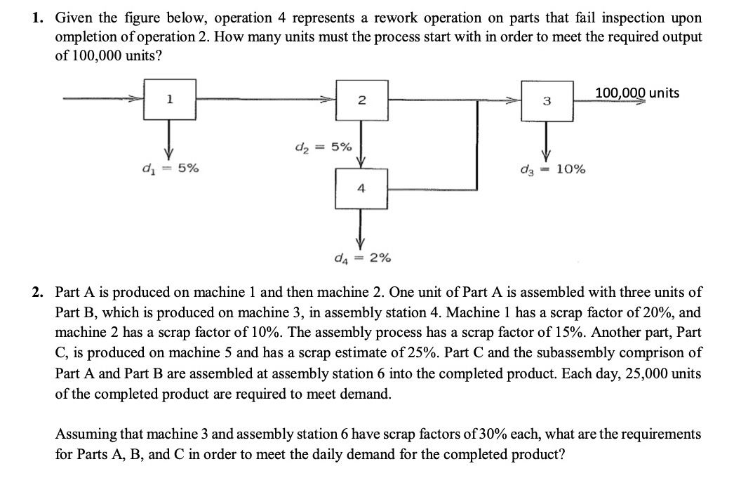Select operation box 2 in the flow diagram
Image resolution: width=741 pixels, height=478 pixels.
361,100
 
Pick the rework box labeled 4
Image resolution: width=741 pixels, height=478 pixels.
361,188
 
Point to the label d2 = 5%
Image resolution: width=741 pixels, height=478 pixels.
323,148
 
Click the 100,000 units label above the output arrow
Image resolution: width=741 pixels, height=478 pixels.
636,93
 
